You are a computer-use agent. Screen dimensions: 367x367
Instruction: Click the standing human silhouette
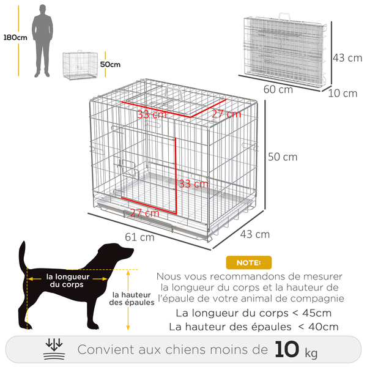coord(42,40)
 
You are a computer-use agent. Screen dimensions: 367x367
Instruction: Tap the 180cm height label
coord(14,37)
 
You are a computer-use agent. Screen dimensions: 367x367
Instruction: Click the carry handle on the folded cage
coord(286,13)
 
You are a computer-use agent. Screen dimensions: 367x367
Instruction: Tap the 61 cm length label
coord(139,237)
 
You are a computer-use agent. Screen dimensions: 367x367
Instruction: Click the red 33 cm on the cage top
coord(151,114)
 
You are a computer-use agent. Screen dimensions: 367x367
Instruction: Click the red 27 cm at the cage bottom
coord(144,213)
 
